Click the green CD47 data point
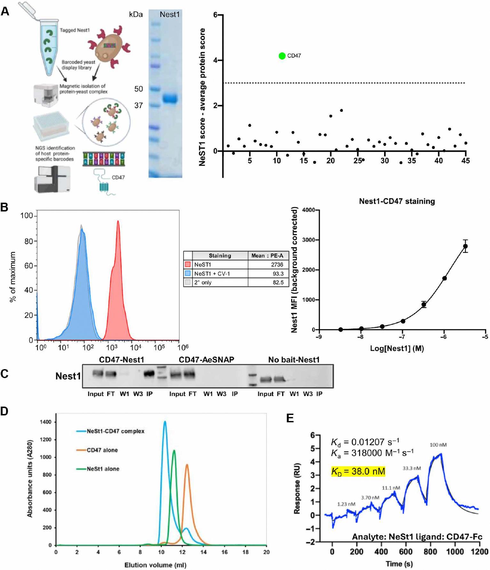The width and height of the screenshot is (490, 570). (282, 56)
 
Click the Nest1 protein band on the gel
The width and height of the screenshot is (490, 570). (170, 98)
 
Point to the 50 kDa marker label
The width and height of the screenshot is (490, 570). (139, 89)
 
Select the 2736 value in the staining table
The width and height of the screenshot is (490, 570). (277, 265)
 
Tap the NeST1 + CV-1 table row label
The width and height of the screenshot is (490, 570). (212, 274)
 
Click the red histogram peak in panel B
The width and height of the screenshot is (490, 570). (118, 222)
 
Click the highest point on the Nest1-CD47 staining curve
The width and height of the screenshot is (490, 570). (465, 246)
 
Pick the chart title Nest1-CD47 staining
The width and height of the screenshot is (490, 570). (397, 201)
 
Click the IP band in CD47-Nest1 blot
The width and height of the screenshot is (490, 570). (149, 374)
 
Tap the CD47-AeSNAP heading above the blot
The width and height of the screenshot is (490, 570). (206, 359)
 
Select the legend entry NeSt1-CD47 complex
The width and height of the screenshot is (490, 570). (115, 431)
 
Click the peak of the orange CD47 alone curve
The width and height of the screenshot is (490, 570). (187, 465)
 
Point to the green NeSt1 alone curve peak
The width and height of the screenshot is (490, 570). (174, 451)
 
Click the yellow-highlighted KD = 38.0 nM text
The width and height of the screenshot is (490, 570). (358, 471)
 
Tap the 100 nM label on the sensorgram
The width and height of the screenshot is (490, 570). (438, 445)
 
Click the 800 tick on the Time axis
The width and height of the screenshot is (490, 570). (430, 551)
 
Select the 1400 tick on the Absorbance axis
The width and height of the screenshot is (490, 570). (46, 422)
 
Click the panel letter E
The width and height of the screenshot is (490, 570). (290, 418)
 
